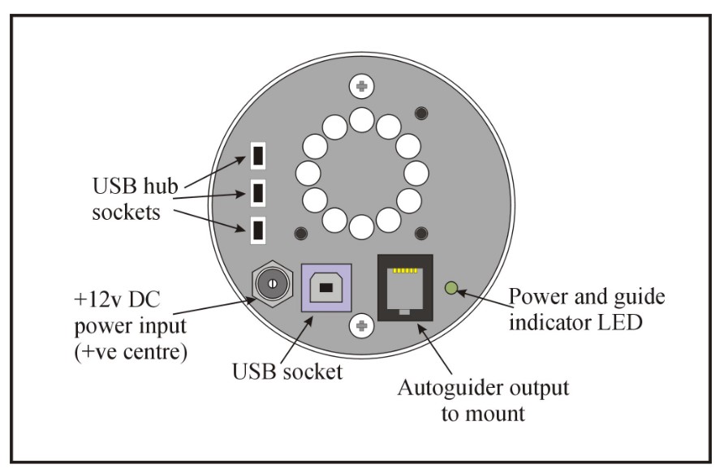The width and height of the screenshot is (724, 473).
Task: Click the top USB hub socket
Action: click(x=256, y=153)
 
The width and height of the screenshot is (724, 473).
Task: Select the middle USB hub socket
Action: click(x=256, y=192)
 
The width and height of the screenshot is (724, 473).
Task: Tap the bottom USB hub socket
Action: click(x=256, y=230)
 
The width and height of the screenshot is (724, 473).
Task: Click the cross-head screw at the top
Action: click(x=361, y=86)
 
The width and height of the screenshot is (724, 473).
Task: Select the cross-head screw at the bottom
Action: click(x=361, y=326)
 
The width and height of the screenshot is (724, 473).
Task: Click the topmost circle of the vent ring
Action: click(x=361, y=122)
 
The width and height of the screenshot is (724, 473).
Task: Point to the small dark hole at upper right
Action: click(x=421, y=114)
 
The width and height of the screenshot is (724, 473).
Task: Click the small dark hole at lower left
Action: click(x=301, y=234)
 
